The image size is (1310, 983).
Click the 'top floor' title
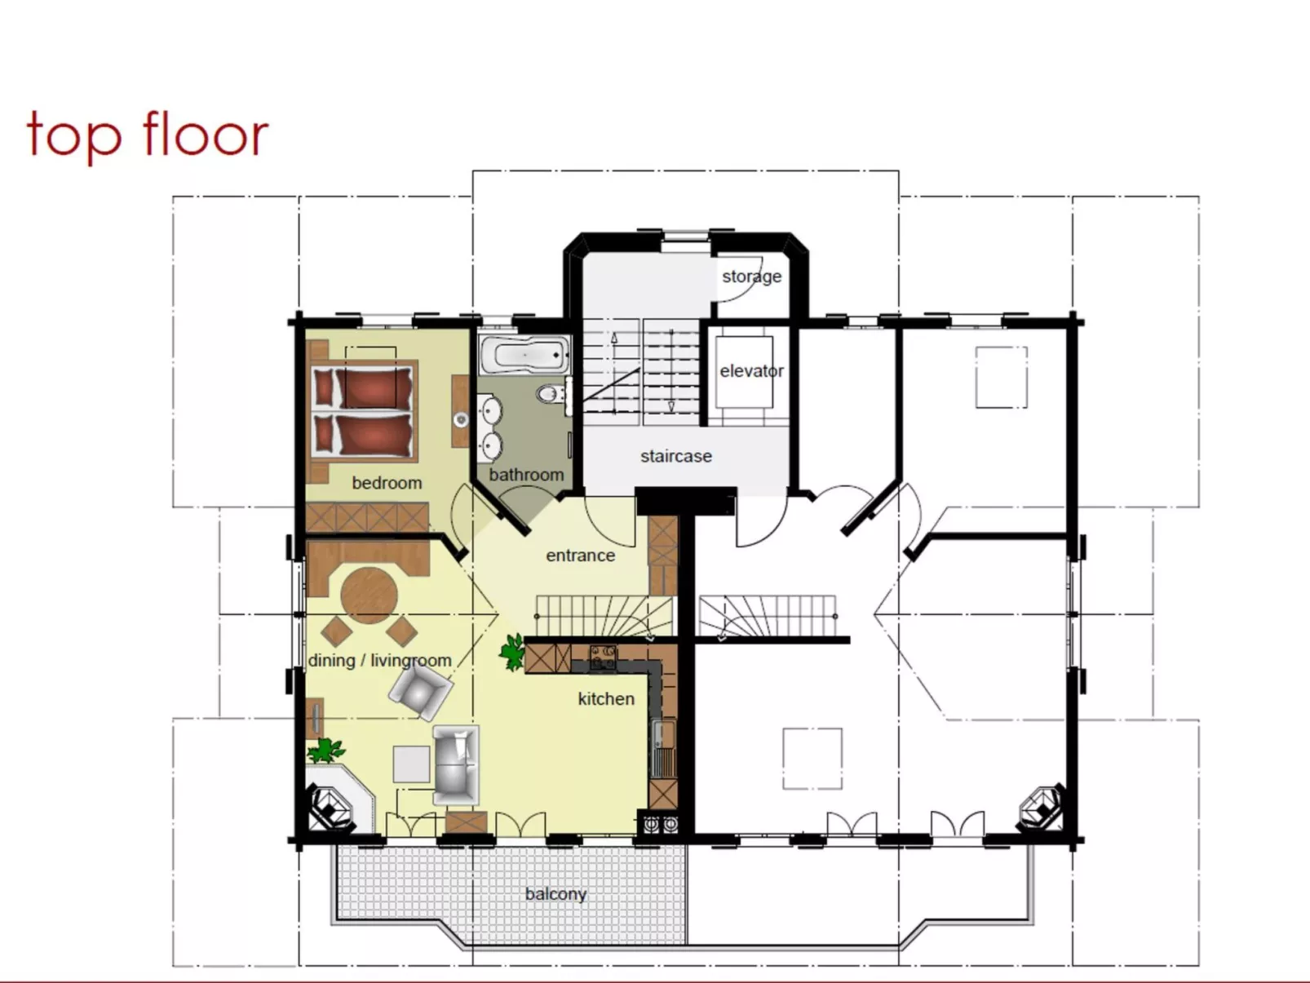tap(148, 134)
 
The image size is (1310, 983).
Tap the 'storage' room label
tap(751, 277)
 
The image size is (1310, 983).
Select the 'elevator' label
tap(751, 371)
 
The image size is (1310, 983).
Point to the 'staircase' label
tap(675, 456)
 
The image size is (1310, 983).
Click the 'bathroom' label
tap(526, 475)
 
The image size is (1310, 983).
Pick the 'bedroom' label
tap(387, 483)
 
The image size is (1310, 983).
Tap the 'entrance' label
tap(580, 556)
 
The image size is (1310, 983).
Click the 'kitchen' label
tap(605, 699)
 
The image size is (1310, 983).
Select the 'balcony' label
tap(555, 894)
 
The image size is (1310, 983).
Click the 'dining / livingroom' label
tap(379, 661)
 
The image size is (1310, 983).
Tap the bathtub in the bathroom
tap(524, 355)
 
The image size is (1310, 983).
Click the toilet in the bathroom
tap(551, 395)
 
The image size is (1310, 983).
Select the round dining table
tap(369, 595)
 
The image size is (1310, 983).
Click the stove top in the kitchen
tap(603, 656)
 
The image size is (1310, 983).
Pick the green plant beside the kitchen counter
tap(512, 652)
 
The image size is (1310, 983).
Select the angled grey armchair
tap(419, 690)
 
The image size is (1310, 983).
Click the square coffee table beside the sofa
tap(411, 764)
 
